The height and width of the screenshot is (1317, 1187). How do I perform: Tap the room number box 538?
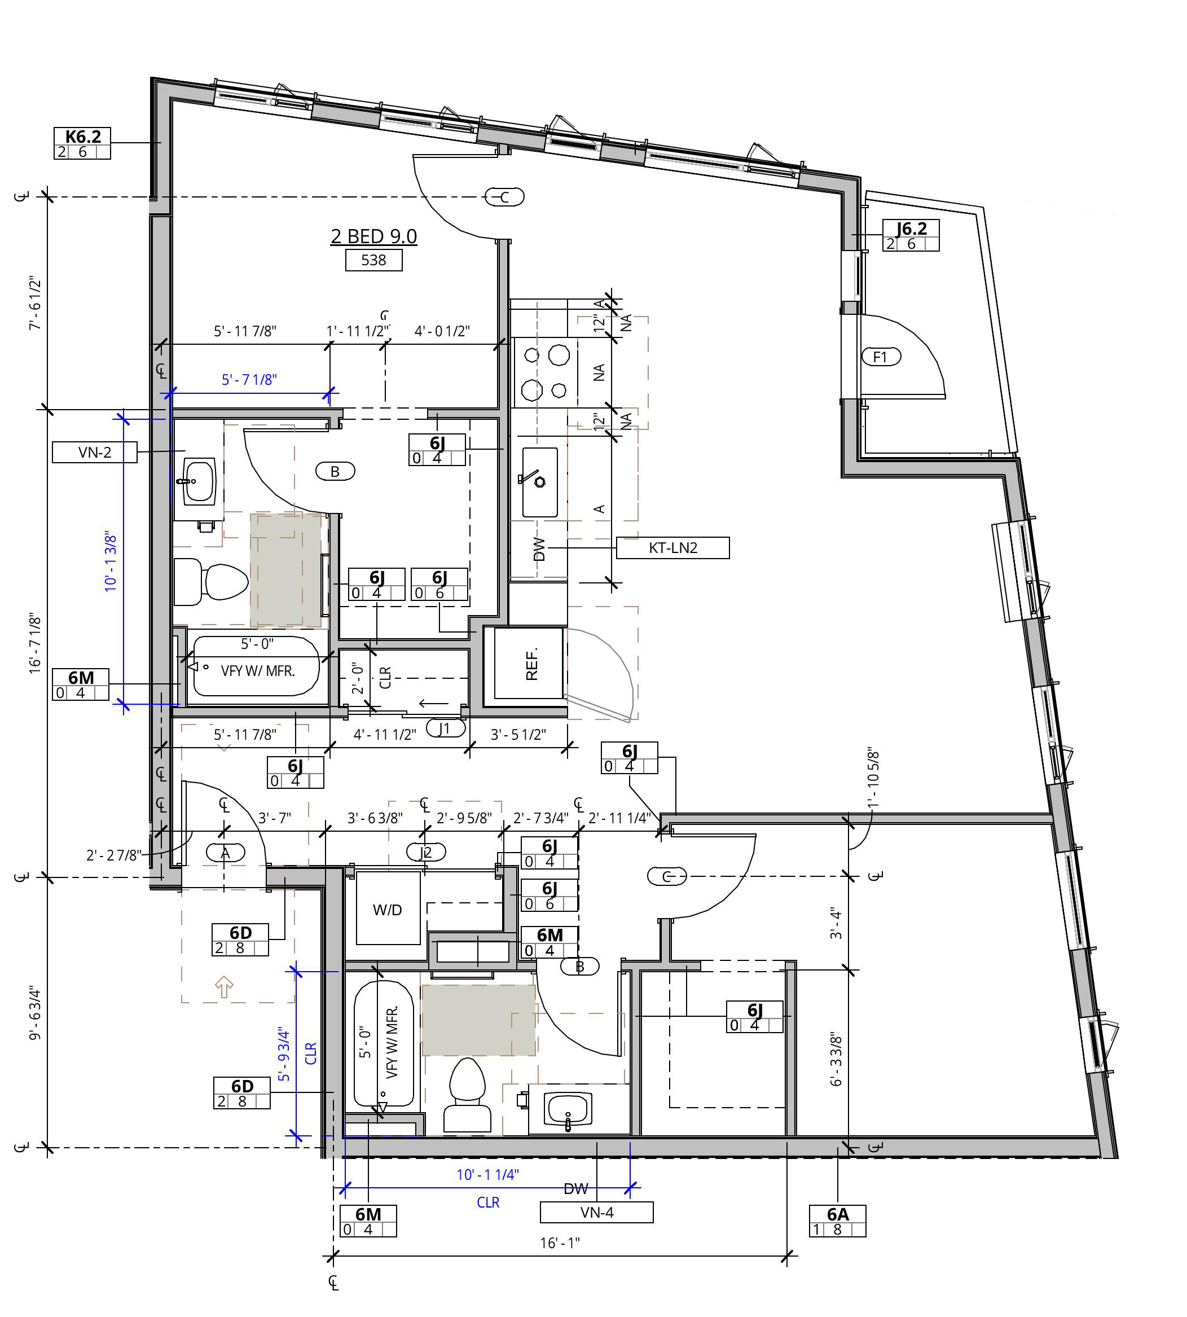373,260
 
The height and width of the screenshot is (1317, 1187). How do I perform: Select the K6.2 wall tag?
82,143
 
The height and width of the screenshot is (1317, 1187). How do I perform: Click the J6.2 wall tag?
911,235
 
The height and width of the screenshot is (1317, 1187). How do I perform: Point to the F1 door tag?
881,357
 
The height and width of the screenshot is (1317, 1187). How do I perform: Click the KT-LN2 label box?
673,548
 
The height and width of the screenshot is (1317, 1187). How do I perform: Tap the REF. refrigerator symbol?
529,664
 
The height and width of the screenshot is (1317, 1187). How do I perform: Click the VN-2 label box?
95,452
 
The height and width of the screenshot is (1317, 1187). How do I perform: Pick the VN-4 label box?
597,1213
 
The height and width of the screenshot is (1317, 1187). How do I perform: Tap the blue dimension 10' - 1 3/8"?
111,562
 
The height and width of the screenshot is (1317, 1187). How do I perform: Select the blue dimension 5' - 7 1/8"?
249,380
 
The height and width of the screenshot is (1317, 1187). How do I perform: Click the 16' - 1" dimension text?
560,1243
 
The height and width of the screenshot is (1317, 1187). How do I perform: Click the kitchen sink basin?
539,482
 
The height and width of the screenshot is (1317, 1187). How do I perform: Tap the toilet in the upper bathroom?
212,581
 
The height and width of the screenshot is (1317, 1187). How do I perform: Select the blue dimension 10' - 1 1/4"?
488,1175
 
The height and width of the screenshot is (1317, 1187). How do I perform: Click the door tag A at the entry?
226,853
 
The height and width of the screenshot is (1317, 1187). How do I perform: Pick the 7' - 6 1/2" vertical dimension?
35,304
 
